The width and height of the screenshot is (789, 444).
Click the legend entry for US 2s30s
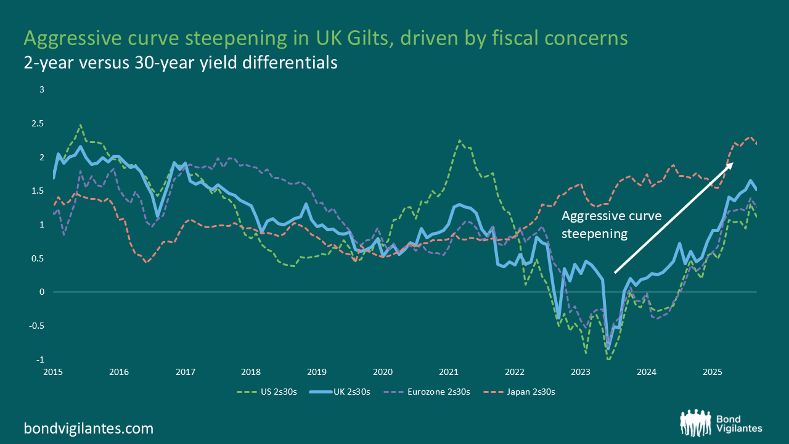[x=268, y=391]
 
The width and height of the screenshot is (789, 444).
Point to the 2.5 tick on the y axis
[x=38, y=124]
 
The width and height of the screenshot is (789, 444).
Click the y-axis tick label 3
[x=42, y=90]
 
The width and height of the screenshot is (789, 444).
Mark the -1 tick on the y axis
[x=41, y=360]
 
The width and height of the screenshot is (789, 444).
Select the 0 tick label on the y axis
[x=42, y=292]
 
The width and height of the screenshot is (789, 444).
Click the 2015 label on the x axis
[x=52, y=372]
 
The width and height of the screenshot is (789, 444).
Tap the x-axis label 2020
[x=383, y=372]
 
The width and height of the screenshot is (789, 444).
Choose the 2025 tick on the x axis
[x=713, y=372]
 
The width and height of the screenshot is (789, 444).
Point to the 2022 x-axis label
[x=515, y=372]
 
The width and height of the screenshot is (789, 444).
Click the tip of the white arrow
[x=733, y=163]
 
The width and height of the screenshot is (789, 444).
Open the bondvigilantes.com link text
[x=89, y=428]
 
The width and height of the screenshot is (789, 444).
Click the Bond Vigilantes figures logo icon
[x=696, y=422]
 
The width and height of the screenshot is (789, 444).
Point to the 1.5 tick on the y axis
[x=38, y=191]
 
